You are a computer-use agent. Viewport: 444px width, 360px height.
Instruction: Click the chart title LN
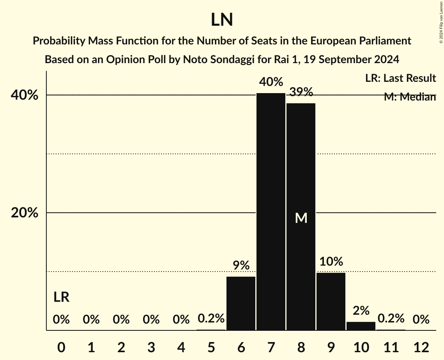tap(222, 20)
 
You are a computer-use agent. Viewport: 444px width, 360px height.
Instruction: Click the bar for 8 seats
tap(301, 217)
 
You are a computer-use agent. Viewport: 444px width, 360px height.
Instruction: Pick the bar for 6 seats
tap(241, 303)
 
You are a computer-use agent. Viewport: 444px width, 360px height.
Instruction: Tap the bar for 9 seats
tap(331, 301)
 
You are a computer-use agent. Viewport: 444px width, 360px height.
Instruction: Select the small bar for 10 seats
tap(361, 326)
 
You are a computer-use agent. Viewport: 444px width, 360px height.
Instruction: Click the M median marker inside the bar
tap(301, 218)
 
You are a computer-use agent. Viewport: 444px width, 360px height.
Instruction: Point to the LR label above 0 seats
tap(61, 297)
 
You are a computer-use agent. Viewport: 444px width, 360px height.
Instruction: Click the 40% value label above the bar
tap(271, 82)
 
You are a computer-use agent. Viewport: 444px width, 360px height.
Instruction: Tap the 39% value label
tap(301, 92)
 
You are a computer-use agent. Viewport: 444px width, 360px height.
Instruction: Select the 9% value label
tap(241, 266)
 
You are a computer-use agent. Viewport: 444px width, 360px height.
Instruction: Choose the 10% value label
tap(331, 262)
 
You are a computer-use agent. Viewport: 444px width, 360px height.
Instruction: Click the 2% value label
tap(361, 311)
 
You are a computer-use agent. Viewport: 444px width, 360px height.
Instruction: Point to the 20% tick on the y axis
tap(24, 213)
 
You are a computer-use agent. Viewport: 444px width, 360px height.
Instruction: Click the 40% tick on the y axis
tap(24, 95)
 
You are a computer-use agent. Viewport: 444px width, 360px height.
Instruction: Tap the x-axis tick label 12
tap(421, 347)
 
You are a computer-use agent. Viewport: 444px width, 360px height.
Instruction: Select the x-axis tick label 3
tap(151, 347)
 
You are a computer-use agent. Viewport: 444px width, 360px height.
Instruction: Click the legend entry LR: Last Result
tap(400, 78)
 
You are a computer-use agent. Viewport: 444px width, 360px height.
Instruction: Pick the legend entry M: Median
tap(410, 97)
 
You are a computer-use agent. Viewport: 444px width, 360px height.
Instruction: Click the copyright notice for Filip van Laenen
tap(441, 22)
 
